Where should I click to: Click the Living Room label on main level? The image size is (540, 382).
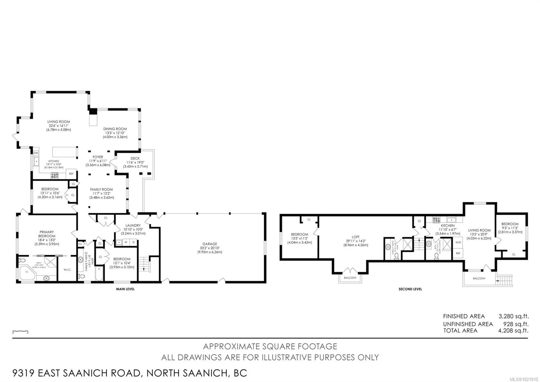58,122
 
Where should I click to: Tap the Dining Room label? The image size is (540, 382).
115,129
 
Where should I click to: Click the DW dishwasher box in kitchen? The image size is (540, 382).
36,153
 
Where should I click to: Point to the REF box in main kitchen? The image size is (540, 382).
71,173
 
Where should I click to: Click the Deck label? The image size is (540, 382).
135,159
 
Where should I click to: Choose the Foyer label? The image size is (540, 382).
98,157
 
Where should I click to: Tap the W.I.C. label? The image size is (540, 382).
67,269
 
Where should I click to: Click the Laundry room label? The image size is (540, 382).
133,225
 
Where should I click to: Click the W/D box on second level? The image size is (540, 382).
458,242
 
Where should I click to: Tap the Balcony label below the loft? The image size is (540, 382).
350,278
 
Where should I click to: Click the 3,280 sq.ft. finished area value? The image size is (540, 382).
513,316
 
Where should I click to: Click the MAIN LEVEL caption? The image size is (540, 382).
125,289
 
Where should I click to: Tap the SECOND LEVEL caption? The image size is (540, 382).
410,289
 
